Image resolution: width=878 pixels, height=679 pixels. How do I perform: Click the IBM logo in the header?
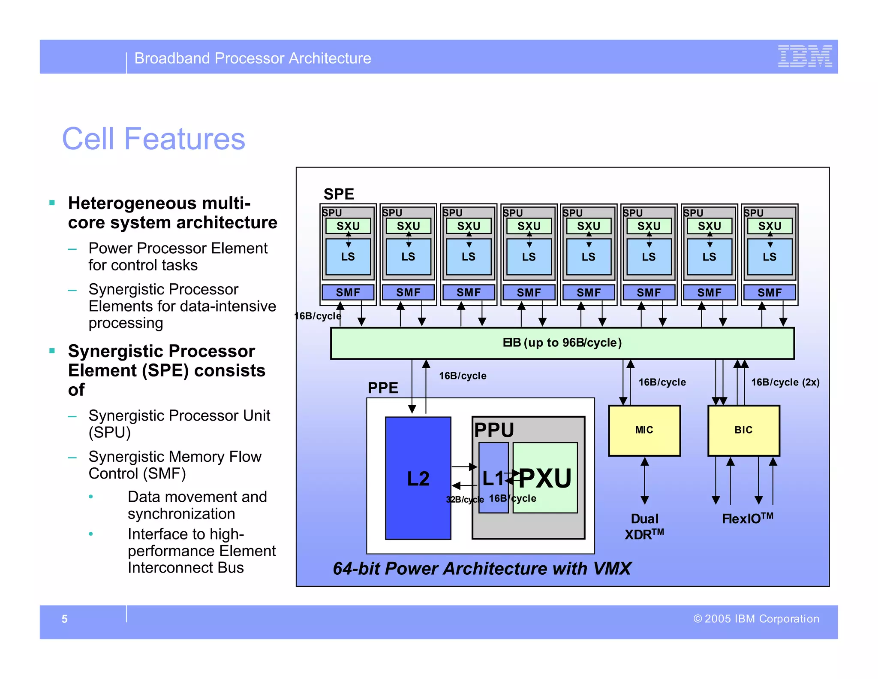click(805, 56)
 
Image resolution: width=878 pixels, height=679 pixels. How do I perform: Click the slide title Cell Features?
click(153, 139)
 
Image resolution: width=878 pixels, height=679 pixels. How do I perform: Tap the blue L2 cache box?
click(418, 478)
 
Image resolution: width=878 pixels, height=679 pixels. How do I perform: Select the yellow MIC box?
click(644, 430)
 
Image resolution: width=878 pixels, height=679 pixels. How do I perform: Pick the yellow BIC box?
click(743, 430)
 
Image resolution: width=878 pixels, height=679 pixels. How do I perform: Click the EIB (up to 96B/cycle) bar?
click(562, 343)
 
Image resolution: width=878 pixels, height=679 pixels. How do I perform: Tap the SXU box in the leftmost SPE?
click(348, 226)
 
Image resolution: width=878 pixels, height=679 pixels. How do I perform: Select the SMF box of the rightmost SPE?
click(770, 292)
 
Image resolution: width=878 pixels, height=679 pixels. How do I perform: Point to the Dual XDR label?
click(644, 527)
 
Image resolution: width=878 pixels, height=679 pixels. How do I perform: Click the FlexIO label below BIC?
click(747, 518)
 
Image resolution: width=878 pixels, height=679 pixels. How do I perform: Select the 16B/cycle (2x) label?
click(785, 382)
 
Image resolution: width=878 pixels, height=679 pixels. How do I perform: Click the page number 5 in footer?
click(64, 619)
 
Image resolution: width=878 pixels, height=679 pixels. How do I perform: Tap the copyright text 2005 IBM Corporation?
click(756, 619)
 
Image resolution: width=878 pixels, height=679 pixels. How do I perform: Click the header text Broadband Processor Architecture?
click(253, 58)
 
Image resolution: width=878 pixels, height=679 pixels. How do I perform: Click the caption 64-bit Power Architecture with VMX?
click(482, 568)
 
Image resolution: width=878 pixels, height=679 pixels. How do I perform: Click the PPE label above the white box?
click(383, 388)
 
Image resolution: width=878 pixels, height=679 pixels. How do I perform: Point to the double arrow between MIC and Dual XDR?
click(644, 481)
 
